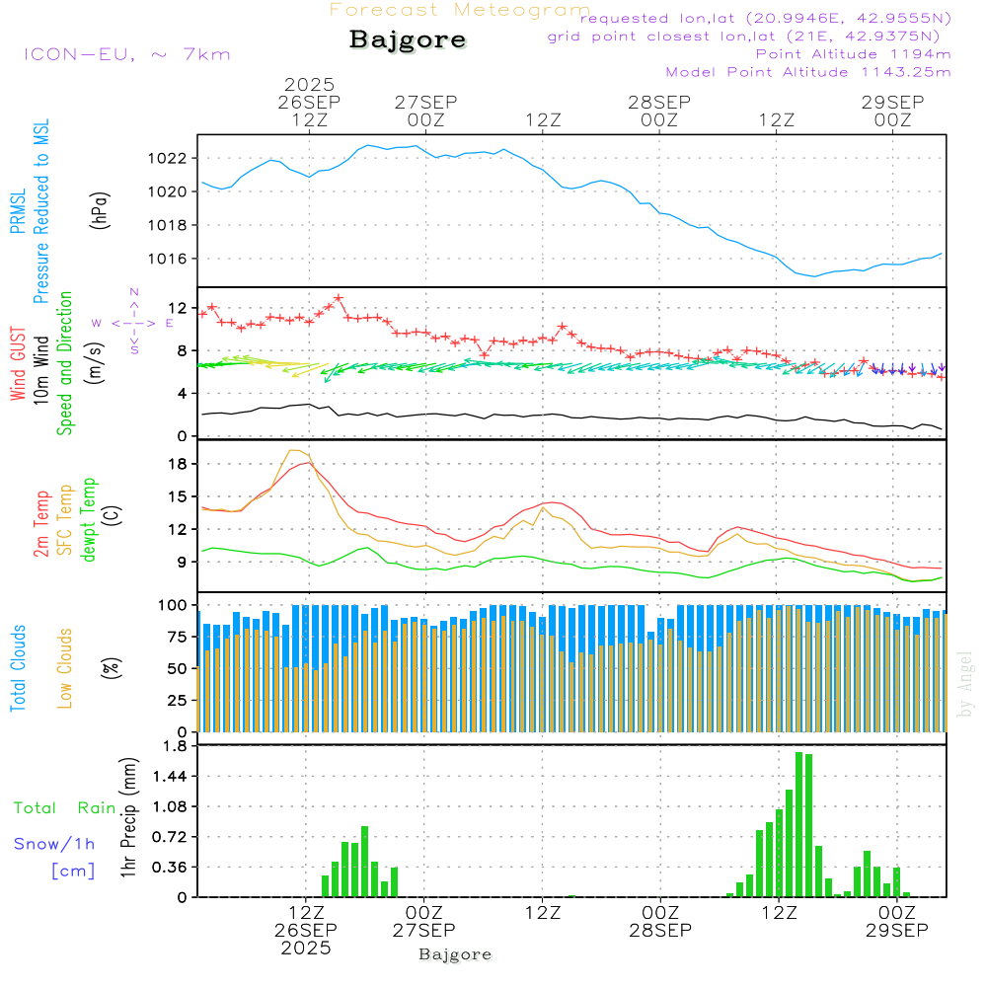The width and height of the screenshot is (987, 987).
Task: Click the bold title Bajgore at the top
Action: pos(408,40)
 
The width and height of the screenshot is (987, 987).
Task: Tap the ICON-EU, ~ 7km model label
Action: pos(127,54)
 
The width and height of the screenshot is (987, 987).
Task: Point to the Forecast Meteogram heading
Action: pos(460,10)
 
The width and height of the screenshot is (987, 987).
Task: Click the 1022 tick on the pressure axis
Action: pos(173,158)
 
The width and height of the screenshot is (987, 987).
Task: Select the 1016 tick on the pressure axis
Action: pos(173,259)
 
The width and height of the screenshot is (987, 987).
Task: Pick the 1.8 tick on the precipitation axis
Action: pos(176,746)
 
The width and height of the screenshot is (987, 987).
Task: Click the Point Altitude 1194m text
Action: pos(854,54)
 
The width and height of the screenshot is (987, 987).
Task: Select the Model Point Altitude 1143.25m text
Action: pos(808,72)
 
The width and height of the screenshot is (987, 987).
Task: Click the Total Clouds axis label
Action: pos(19,668)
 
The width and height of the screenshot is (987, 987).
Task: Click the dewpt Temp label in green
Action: pos(90,519)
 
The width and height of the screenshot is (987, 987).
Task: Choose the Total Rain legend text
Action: pos(65,808)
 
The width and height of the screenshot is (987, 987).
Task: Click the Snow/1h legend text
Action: pos(55,844)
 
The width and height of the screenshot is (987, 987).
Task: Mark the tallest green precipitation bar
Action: pos(798,824)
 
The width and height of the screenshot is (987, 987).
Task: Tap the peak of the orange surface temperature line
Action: pos(293,450)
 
